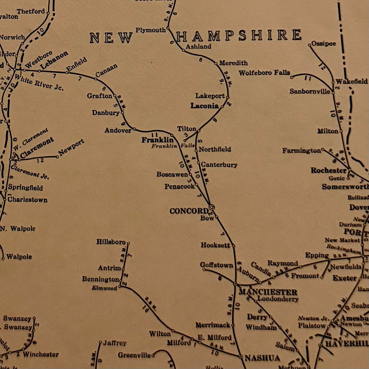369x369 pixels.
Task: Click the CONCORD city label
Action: click(x=189, y=211)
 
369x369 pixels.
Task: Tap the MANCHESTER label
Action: click(x=268, y=292)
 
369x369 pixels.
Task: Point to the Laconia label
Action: click(x=204, y=106)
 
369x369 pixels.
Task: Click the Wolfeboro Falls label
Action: click(x=264, y=73)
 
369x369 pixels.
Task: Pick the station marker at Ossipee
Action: click(x=309, y=45)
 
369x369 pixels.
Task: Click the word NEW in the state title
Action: click(x=111, y=38)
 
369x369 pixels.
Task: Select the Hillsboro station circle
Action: click(x=128, y=243)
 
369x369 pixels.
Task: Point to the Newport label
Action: click(x=71, y=147)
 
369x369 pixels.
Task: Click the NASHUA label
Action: click(x=262, y=358)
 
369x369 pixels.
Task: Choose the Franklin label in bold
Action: click(x=157, y=140)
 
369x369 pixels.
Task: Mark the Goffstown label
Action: click(x=216, y=265)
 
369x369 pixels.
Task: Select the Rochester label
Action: click(x=329, y=170)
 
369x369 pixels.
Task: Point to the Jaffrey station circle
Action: click(x=100, y=342)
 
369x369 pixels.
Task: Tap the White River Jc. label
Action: click(x=39, y=82)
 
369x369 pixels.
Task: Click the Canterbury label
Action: click(x=219, y=165)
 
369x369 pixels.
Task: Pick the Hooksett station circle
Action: click(x=233, y=246)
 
